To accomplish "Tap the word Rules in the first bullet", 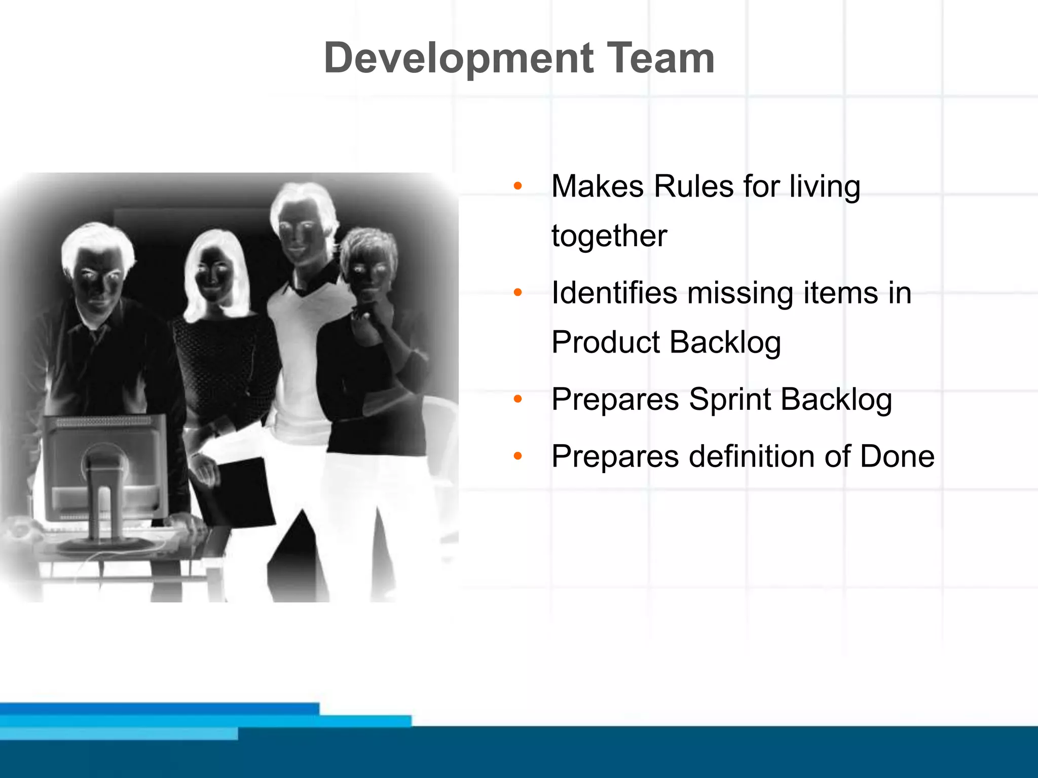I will [x=693, y=186].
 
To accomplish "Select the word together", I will [x=609, y=236].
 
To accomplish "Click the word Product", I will [x=606, y=342].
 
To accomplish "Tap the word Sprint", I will [x=729, y=400].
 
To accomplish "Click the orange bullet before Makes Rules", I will [x=517, y=186].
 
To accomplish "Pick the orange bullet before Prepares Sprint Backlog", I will [x=517, y=400].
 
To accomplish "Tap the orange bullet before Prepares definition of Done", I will [x=517, y=456].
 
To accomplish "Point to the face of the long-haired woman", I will [x=213, y=276].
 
